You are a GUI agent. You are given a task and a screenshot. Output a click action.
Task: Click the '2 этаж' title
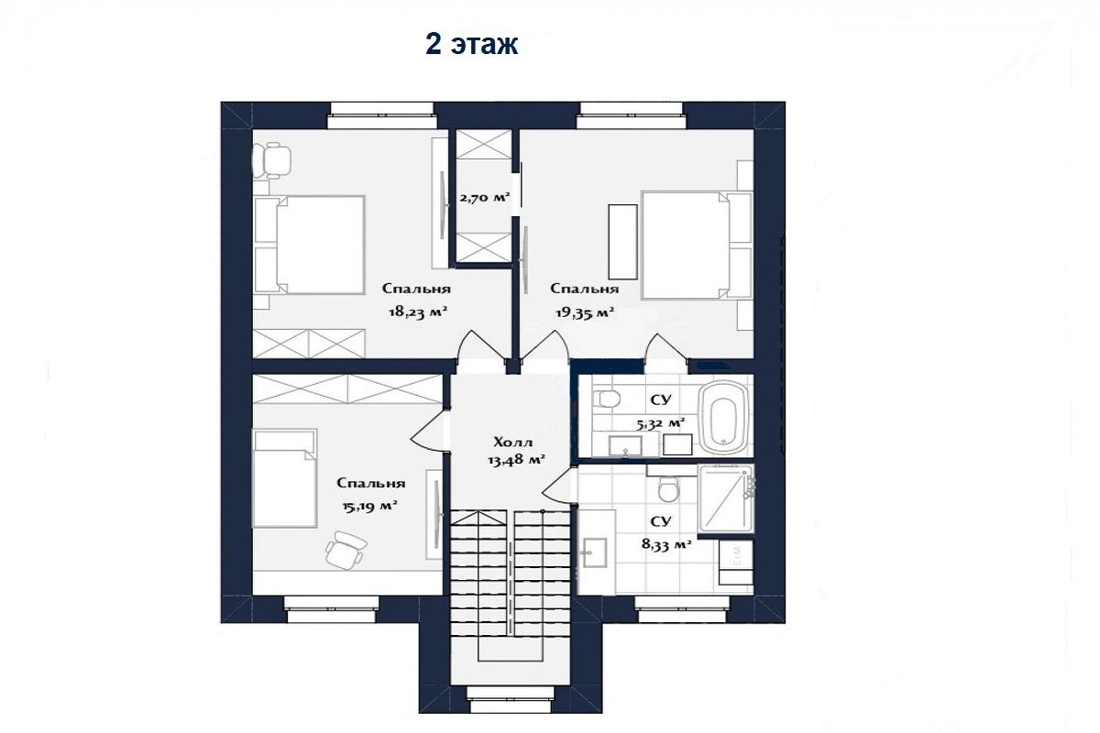tap(471, 45)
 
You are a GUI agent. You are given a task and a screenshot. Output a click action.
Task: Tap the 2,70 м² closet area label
tap(485, 198)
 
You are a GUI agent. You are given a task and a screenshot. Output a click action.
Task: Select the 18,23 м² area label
tap(418, 312)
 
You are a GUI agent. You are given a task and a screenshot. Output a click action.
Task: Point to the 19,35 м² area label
tap(585, 312)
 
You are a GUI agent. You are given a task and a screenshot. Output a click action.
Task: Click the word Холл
tap(512, 443)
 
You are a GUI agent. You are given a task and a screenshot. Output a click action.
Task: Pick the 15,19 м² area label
tap(369, 506)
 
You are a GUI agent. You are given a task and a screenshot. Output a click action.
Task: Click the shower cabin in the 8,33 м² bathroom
tap(726, 498)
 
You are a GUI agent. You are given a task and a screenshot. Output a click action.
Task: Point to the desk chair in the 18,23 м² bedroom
tap(271, 160)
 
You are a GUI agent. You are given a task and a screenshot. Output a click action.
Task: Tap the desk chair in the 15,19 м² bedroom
tap(346, 550)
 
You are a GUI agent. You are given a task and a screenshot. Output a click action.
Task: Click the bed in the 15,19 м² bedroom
tap(285, 478)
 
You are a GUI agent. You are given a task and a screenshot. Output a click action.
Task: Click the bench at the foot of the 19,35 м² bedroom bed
tap(622, 242)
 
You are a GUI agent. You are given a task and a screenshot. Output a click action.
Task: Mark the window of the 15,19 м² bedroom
tap(332, 609)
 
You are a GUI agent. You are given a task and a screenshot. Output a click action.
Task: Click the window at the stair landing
tap(511, 700)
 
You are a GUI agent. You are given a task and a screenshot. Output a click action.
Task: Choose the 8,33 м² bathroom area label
tap(667, 544)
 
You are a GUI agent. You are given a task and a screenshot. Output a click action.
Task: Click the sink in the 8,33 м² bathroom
tap(594, 552)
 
